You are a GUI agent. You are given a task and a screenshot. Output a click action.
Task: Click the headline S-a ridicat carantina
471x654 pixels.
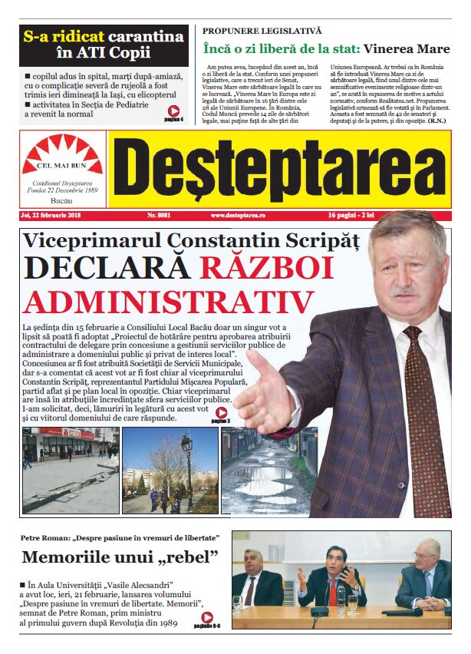(104, 37)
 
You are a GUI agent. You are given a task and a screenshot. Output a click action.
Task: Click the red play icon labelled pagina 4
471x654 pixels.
(174, 111)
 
